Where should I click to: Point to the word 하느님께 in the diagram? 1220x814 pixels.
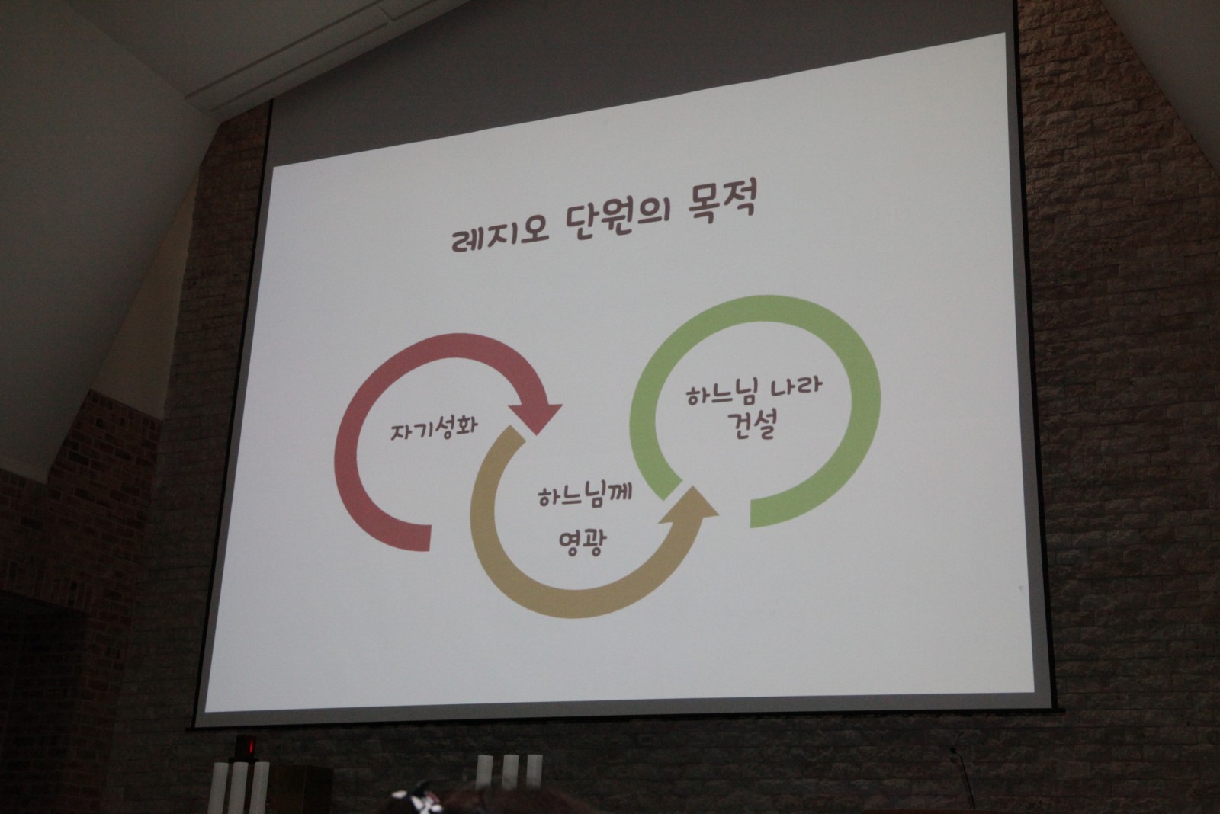click(x=585, y=495)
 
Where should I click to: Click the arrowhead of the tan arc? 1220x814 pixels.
click(x=691, y=505)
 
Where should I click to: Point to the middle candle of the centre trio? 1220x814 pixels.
click(x=509, y=771)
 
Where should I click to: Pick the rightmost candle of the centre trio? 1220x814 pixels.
click(x=534, y=771)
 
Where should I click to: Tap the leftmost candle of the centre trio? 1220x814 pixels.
click(x=484, y=771)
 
